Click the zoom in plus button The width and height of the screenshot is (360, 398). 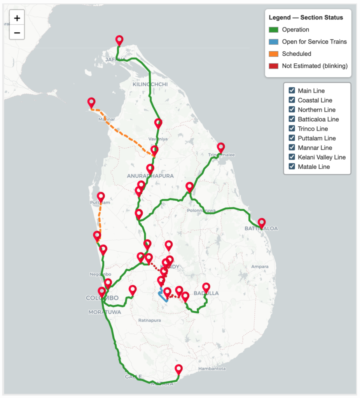(x=17, y=18)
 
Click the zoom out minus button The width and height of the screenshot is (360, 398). (x=17, y=32)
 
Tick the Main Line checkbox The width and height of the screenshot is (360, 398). (x=292, y=91)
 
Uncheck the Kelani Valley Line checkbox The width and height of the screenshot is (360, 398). (x=292, y=157)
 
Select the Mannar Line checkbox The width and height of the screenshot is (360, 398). (x=292, y=148)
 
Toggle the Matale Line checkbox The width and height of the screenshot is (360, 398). (x=292, y=167)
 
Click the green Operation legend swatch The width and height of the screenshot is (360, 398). (x=274, y=30)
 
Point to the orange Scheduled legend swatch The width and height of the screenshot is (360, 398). (x=274, y=54)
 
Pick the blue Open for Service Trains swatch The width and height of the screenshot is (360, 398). (x=274, y=42)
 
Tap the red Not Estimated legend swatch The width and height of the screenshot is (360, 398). (x=274, y=66)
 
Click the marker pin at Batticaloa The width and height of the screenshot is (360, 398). (x=262, y=223)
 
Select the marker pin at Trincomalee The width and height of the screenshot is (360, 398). (x=221, y=147)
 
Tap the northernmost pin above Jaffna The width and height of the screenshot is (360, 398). (x=119, y=40)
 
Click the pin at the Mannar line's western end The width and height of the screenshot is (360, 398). (x=91, y=103)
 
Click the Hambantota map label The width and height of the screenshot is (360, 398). (x=212, y=368)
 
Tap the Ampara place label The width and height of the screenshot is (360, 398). (x=260, y=267)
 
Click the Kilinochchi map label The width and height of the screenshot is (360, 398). (x=150, y=84)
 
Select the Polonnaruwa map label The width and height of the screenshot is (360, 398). (x=201, y=210)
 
